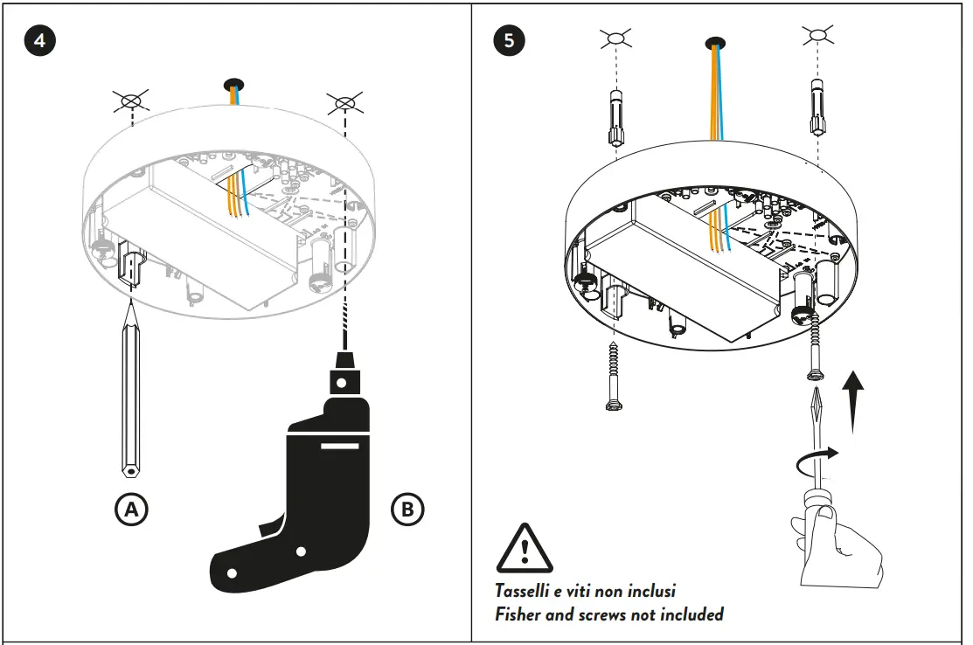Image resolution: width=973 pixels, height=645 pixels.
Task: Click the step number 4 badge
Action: click(x=39, y=41)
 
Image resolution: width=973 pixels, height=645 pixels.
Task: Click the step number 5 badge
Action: click(x=509, y=41)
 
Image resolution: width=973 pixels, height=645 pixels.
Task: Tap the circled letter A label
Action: click(x=131, y=510)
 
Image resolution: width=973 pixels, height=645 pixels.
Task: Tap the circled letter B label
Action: click(x=407, y=510)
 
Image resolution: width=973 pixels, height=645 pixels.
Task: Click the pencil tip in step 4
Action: click(x=131, y=302)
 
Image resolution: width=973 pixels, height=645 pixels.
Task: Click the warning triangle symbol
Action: click(x=525, y=548)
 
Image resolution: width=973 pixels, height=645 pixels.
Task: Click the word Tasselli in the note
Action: click(x=522, y=591)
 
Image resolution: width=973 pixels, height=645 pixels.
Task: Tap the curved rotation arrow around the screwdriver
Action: click(x=817, y=460)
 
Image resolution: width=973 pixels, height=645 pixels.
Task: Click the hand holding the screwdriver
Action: click(x=837, y=545)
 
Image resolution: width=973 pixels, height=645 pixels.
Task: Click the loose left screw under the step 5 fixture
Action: click(x=614, y=376)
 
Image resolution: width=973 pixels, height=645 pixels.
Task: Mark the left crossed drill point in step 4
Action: click(x=131, y=101)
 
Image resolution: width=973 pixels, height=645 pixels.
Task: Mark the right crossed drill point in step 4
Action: click(x=345, y=102)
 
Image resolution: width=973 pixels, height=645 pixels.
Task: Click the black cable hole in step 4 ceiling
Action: click(x=234, y=84)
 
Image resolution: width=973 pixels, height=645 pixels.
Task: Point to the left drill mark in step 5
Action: click(x=615, y=38)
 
